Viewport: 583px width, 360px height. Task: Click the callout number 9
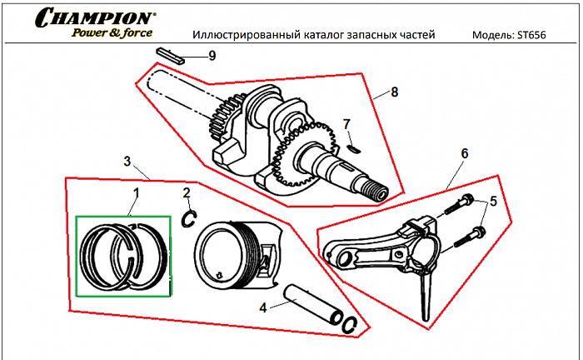pyautogui.click(x=212, y=56)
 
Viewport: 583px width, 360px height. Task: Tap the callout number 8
pyautogui.click(x=394, y=92)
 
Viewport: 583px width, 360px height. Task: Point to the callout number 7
pyautogui.click(x=346, y=125)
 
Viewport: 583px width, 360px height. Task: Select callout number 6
pyautogui.click(x=465, y=153)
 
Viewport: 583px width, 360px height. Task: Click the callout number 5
pyautogui.click(x=492, y=202)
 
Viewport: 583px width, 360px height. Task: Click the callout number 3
pyautogui.click(x=127, y=160)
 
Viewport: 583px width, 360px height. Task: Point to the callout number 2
pyautogui.click(x=187, y=193)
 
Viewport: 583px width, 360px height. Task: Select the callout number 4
pyautogui.click(x=263, y=307)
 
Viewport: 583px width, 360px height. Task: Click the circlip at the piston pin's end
pyautogui.click(x=351, y=326)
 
